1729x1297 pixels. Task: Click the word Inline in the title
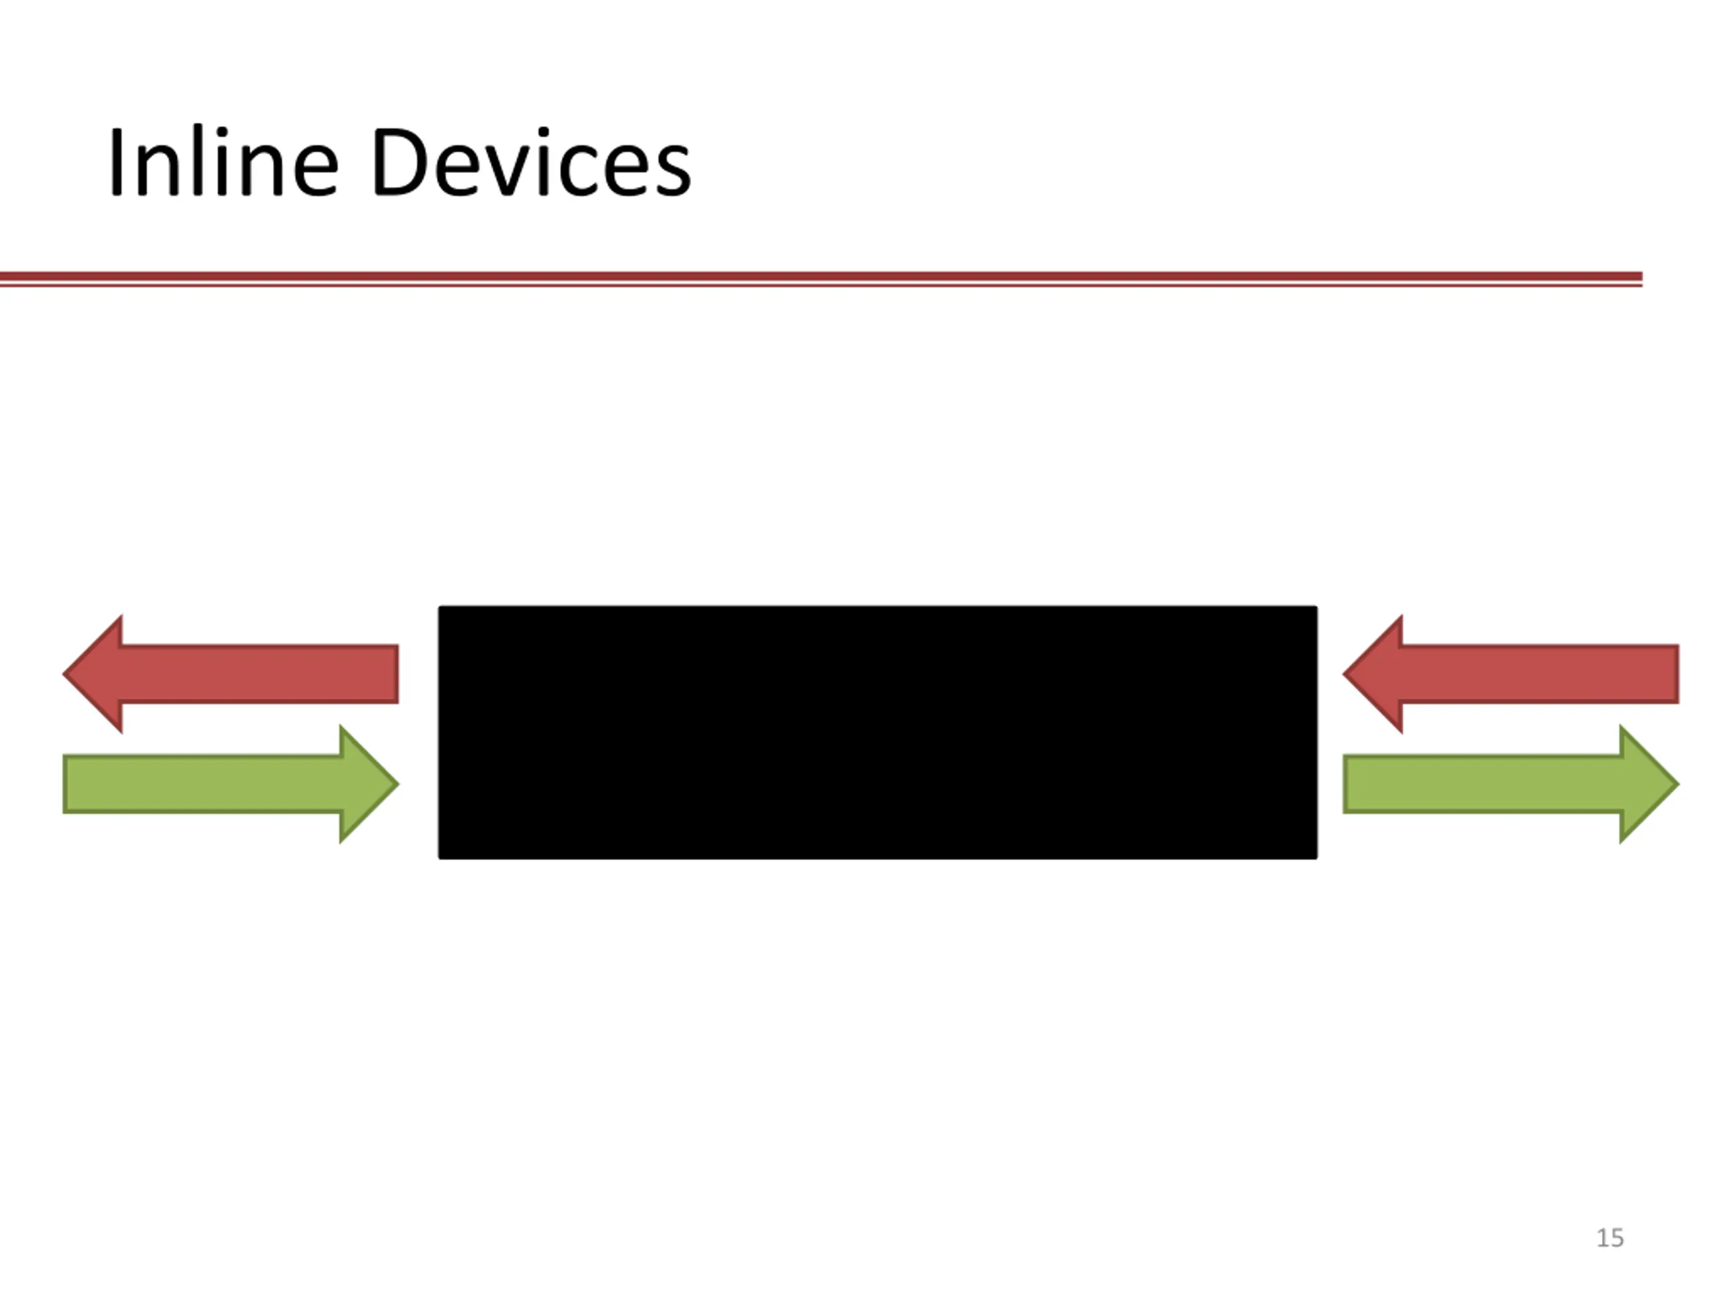click(x=223, y=162)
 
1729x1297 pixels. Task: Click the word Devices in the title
click(x=532, y=162)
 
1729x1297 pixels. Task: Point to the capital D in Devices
click(x=398, y=162)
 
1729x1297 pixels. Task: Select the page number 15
click(x=1609, y=1238)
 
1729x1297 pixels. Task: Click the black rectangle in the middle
click(x=877, y=732)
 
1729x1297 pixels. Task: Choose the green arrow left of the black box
click(x=219, y=784)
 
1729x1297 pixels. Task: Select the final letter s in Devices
click(x=675, y=173)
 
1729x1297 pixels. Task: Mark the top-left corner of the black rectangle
click(x=441, y=608)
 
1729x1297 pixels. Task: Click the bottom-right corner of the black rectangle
click(x=1315, y=856)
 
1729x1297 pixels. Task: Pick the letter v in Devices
click(x=507, y=173)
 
